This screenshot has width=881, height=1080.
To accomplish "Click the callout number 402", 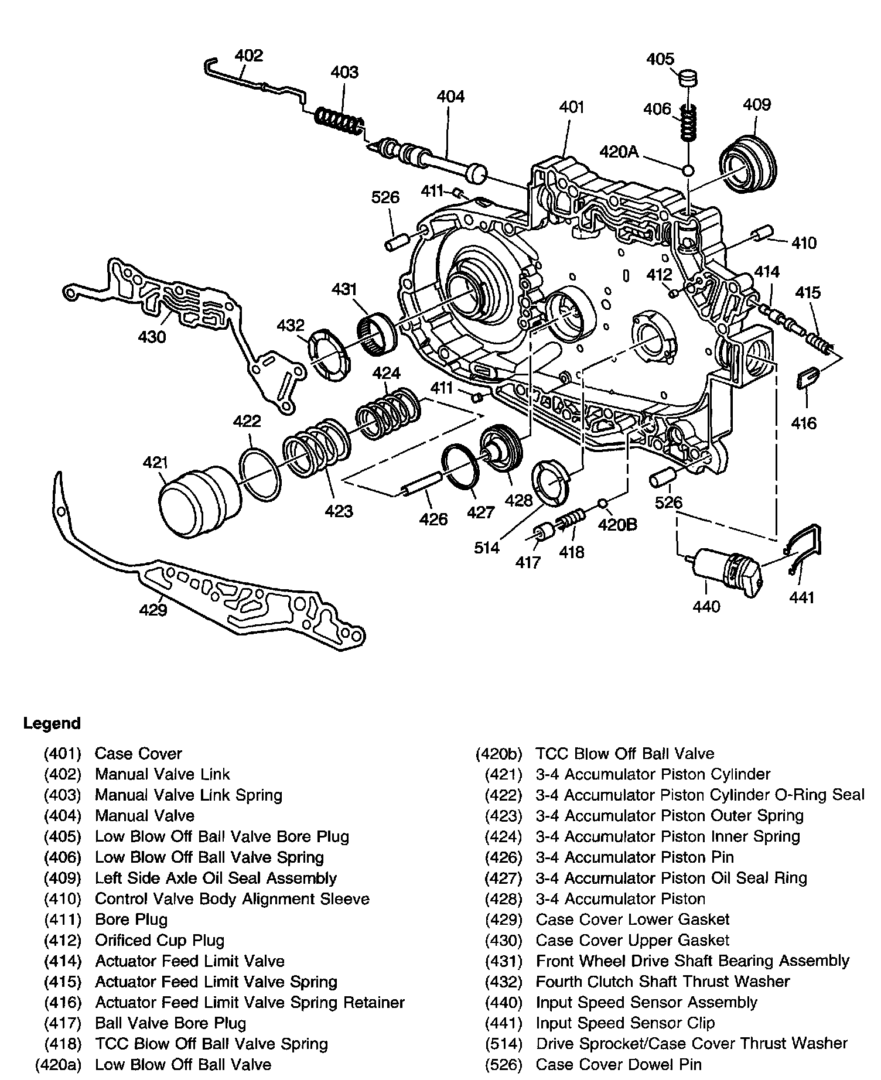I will point(248,56).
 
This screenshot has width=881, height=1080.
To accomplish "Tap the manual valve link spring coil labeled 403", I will point(339,121).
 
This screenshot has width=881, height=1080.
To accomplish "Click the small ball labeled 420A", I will point(688,170).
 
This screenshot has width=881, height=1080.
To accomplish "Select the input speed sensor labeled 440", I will point(725,572).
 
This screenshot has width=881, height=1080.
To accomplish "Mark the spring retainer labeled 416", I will point(805,380).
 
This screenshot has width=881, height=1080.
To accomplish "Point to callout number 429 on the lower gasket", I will point(153,610).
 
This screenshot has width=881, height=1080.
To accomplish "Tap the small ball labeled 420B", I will point(602,503).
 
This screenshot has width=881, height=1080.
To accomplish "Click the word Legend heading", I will point(52,723).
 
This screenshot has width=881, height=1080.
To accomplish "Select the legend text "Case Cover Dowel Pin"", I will point(619,1064).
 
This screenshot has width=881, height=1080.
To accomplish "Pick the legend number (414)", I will point(63,961).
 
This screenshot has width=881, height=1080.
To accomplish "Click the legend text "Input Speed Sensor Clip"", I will point(625,1023).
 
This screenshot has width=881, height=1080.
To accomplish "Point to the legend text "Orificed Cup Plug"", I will point(159,941).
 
